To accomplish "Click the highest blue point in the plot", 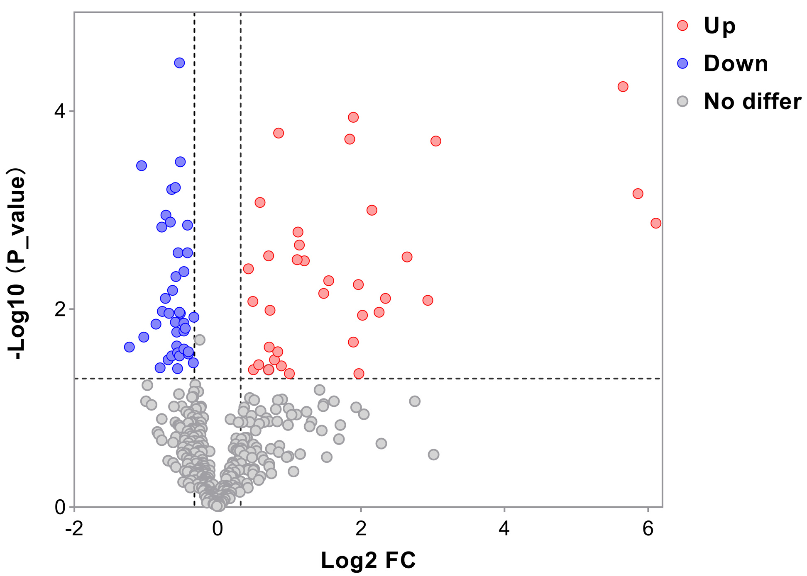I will [179, 63].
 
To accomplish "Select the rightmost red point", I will [656, 223].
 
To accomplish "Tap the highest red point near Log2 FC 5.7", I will [623, 87].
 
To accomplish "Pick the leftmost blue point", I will [130, 347].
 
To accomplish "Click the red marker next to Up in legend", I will [682, 26].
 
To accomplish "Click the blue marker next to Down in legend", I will [682, 63].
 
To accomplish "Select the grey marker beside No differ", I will [682, 101].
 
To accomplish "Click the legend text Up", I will [719, 26].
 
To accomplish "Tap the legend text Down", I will [736, 63].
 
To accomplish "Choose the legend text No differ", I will [752, 101].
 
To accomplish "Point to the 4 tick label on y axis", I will [61, 111].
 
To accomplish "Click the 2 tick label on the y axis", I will [61, 309].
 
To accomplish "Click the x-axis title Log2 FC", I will [368, 560].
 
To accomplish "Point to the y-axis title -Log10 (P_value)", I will [17, 264].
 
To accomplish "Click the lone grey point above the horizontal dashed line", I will [200, 340].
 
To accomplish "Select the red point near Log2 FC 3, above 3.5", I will [435, 141].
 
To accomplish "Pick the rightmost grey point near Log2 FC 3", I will [433, 454].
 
